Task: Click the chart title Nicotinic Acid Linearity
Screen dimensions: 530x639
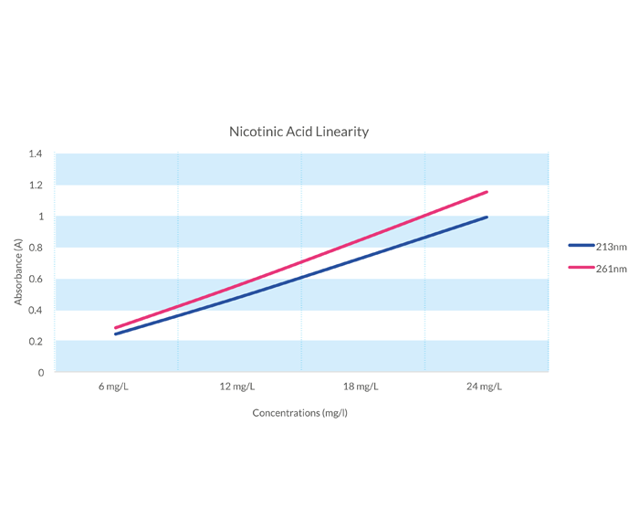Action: (299, 132)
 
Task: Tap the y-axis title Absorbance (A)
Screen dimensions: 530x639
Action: (17, 270)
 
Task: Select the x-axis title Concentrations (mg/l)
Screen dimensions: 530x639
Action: (300, 413)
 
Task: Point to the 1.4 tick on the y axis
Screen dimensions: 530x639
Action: (36, 154)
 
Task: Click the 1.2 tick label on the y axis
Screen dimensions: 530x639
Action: (36, 185)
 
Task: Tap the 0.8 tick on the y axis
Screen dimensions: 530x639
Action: (36, 248)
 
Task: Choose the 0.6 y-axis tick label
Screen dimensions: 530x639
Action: (36, 280)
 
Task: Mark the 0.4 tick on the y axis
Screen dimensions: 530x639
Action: (36, 311)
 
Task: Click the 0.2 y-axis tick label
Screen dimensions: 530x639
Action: (36, 342)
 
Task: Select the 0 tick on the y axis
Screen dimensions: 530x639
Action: (40, 373)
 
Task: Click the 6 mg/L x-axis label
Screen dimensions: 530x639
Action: (114, 387)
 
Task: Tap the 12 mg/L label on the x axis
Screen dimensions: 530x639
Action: (237, 387)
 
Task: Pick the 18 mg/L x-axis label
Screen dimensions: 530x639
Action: (361, 387)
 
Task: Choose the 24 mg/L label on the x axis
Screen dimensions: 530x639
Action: (484, 387)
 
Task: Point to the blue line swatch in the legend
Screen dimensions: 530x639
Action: (581, 246)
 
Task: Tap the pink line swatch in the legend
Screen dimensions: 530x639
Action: (581, 269)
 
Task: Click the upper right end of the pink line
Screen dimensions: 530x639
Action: (487, 192)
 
